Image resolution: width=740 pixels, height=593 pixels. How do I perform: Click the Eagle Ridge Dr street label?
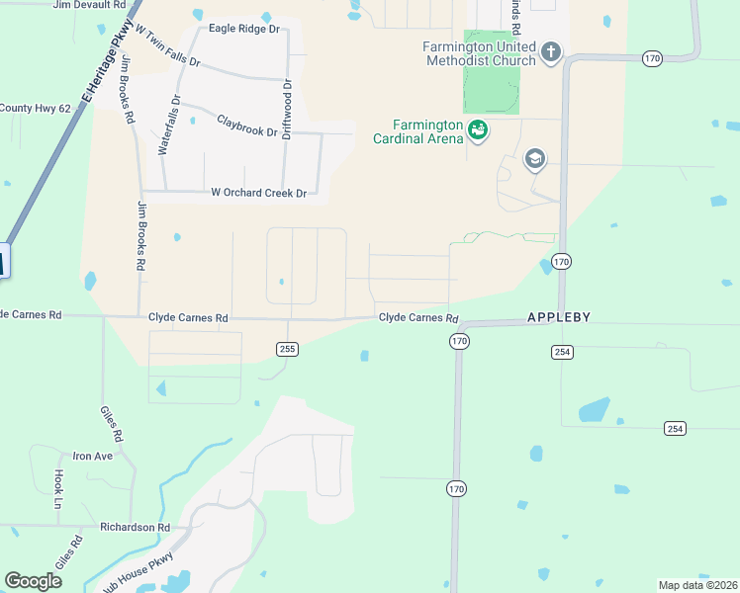tap(245, 30)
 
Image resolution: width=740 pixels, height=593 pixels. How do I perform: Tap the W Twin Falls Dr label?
tap(168, 47)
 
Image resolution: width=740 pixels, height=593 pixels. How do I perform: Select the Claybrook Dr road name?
tap(246, 126)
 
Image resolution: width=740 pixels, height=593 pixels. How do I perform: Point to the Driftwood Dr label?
tap(287, 109)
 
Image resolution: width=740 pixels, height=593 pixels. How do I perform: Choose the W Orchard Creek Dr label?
tap(258, 193)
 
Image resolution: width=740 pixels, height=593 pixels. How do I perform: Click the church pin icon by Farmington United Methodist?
tap(551, 50)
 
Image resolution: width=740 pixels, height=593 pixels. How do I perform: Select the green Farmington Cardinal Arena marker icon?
tap(478, 130)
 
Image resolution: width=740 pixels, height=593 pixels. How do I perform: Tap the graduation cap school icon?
tap(535, 158)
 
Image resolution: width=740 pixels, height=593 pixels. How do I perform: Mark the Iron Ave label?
tap(93, 456)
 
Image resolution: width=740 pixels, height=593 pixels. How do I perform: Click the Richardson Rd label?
tap(135, 528)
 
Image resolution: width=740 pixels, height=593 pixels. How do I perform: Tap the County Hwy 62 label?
tap(35, 108)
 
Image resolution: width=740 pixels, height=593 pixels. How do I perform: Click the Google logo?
tap(34, 580)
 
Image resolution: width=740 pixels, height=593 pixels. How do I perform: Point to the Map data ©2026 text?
tap(697, 585)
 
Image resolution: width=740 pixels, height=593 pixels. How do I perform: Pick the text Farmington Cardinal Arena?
tap(417, 131)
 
